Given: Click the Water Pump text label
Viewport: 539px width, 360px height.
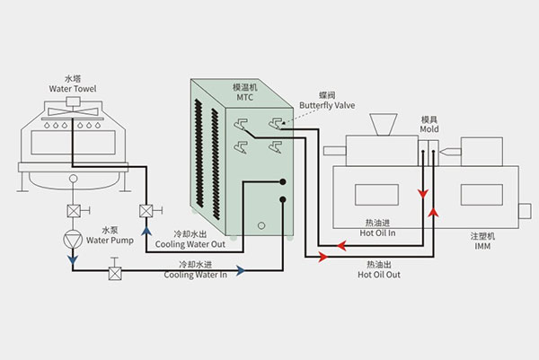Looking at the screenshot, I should (110, 240).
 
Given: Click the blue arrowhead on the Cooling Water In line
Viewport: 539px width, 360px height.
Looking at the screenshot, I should (240, 268).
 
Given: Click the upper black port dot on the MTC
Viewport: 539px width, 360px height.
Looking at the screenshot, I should (282, 179).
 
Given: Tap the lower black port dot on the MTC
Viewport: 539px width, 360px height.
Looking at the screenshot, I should (282, 199).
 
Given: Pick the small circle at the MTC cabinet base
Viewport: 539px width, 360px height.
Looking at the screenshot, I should (262, 225).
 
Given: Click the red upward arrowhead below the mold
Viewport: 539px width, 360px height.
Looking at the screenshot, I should (435, 212).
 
